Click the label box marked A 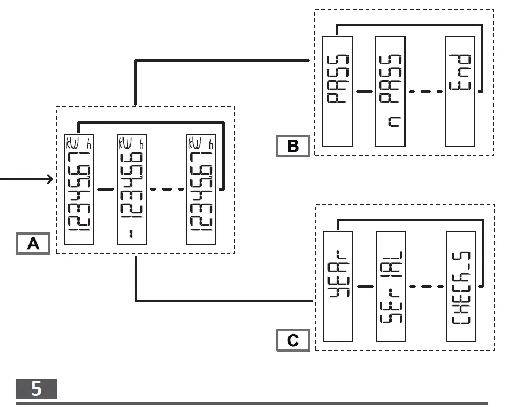pos(33,243)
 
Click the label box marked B pos(293,146)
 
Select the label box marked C pos(293,340)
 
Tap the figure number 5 pos(36,388)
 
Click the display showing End pos(460,91)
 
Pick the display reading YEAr pos(338,286)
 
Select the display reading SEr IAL pos(391,286)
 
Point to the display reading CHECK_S pos(460,286)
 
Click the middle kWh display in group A pos(132,189)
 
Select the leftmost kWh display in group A pos(79,189)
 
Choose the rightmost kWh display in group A pos(201,189)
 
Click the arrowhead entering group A pos(50,179)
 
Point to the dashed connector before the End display pos(426,91)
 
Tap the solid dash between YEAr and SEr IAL pos(365,286)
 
